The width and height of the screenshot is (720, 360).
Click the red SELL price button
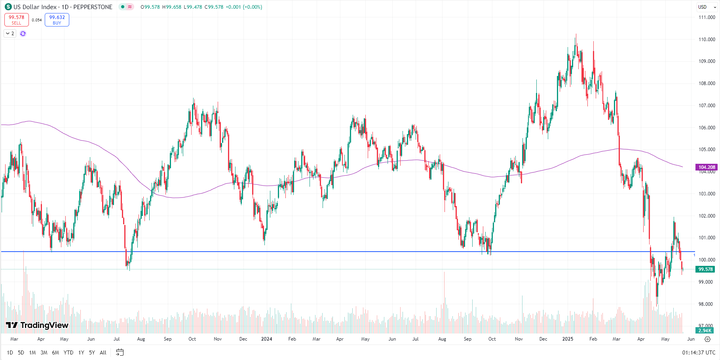pos(17,20)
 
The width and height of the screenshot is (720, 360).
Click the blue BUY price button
pos(57,20)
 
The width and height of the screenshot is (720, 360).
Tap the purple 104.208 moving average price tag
pos(707,167)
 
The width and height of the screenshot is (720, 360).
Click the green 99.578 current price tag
pos(705,269)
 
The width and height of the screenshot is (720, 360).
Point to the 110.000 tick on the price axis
pos(707,40)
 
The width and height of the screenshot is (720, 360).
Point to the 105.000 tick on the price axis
pos(707,150)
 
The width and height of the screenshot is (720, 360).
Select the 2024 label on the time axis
pos(266,339)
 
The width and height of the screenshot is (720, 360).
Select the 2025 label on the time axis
pos(568,339)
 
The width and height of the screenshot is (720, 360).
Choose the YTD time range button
pos(68,352)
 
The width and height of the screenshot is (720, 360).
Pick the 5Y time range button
pos(92,352)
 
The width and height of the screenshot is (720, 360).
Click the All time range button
pos(103,352)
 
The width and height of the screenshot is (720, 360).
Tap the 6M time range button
pos(55,352)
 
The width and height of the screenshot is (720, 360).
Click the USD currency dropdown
pos(707,7)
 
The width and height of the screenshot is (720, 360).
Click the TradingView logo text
pos(37,325)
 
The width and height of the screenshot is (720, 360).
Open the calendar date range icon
pos(120,352)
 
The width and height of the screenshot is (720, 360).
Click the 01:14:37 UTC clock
pos(699,352)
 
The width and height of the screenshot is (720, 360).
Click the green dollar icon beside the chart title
pos(8,7)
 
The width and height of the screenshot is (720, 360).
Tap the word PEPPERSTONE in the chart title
pos(93,7)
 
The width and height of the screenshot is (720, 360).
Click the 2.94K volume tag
pos(705,331)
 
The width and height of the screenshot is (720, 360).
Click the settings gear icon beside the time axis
pos(707,339)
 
